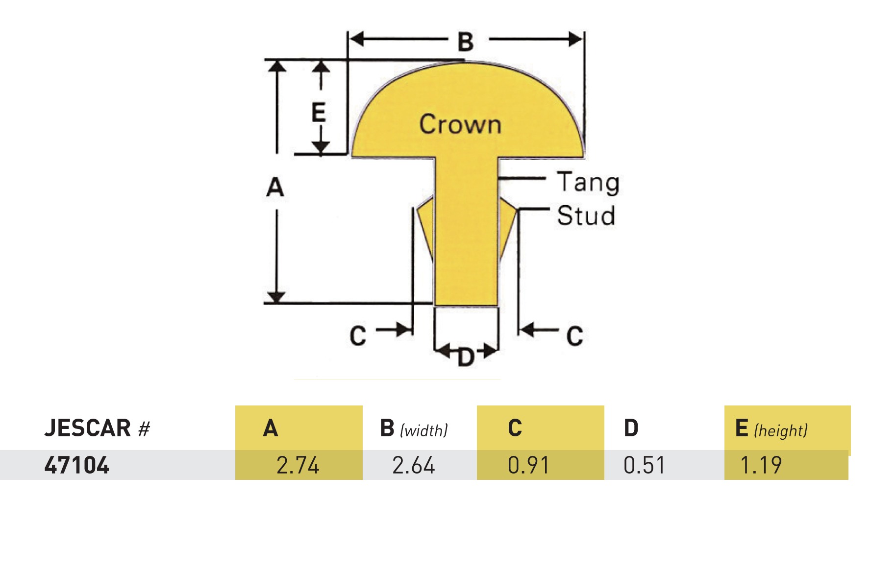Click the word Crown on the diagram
(460, 124)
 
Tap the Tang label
(588, 183)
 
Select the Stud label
(586, 215)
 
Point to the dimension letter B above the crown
(466, 41)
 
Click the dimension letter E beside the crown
(319, 112)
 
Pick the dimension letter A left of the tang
(275, 187)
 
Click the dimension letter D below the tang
(466, 357)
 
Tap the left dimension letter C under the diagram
(358, 336)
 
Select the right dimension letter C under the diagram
(574, 336)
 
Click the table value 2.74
(298, 465)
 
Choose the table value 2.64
(413, 465)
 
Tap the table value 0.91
(528, 465)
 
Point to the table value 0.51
(644, 465)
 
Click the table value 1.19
(761, 465)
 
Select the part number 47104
(76, 465)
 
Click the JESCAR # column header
(97, 428)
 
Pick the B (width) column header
(414, 428)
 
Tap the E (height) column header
(771, 428)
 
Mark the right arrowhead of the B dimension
(575, 39)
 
